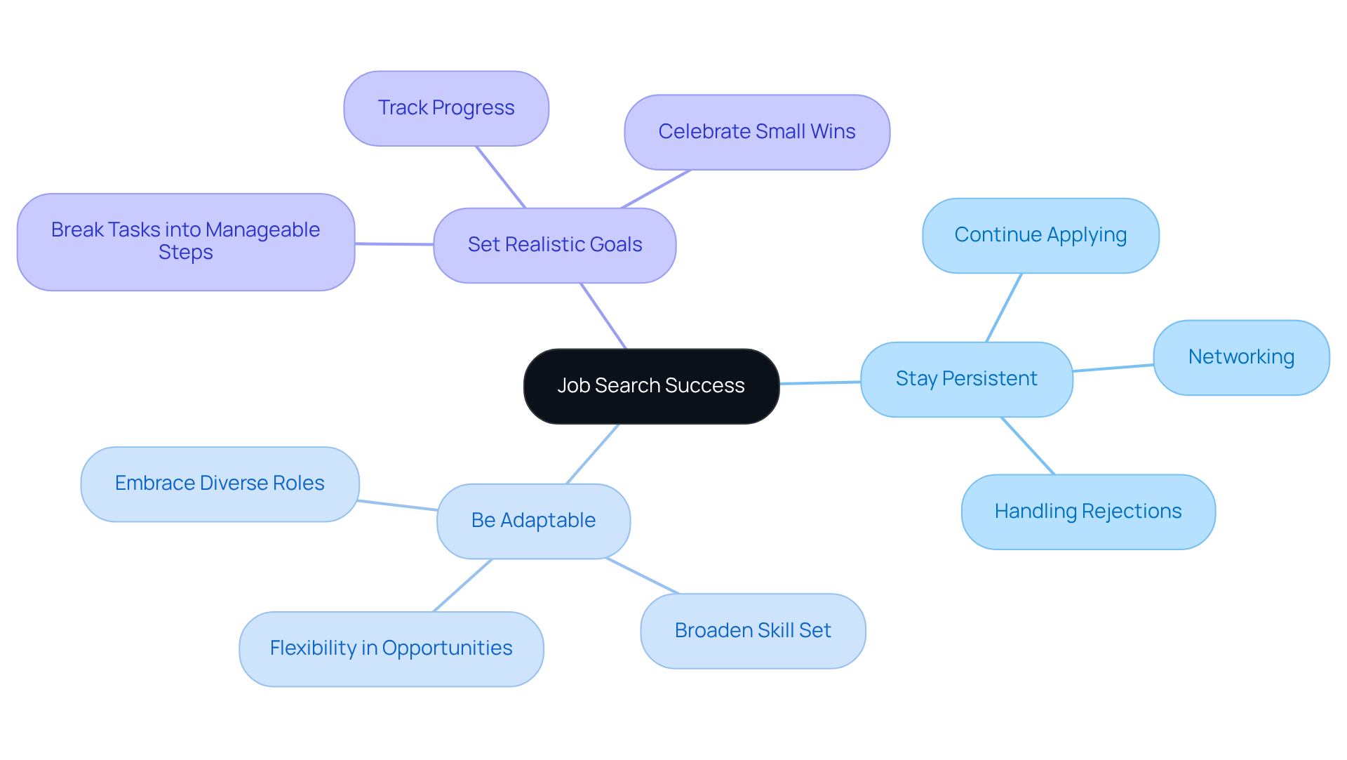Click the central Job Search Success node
pyautogui.click(x=651, y=386)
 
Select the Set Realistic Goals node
pyautogui.click(x=554, y=245)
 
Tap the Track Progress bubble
pyautogui.click(x=446, y=108)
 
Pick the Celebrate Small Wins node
pyautogui.click(x=756, y=132)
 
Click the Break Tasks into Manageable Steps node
pyautogui.click(x=185, y=241)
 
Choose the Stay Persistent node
pyautogui.click(x=966, y=379)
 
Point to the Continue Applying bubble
pyautogui.click(x=1040, y=235)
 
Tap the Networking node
pyautogui.click(x=1240, y=357)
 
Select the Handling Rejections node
pyautogui.click(x=1087, y=512)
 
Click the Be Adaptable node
pyautogui.click(x=533, y=521)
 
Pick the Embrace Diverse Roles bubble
pyautogui.click(x=220, y=484)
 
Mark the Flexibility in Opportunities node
pyautogui.click(x=391, y=648)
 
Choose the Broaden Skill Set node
pyautogui.click(x=752, y=631)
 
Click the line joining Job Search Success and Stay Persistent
pyautogui.click(x=819, y=382)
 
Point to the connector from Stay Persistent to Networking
pyautogui.click(x=1113, y=368)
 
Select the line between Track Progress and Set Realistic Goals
pyautogui.click(x=501, y=177)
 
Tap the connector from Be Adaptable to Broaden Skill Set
pyautogui.click(x=642, y=576)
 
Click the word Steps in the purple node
pyautogui.click(x=185, y=253)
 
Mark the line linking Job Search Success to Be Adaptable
pyautogui.click(x=593, y=453)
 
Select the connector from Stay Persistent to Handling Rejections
pyautogui.click(x=1028, y=446)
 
